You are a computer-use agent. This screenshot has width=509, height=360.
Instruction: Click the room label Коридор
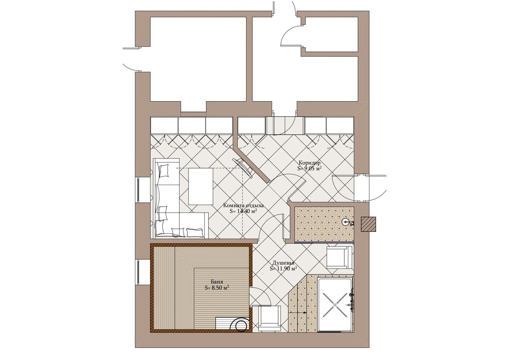(309, 163)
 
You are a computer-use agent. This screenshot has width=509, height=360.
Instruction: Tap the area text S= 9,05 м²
(309, 168)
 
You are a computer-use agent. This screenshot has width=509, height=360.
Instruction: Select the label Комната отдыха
(244, 206)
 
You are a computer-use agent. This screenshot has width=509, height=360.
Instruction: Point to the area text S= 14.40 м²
(244, 211)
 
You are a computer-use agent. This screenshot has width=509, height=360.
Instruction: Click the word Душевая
(283, 263)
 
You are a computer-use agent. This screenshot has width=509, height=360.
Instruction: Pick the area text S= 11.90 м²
(283, 268)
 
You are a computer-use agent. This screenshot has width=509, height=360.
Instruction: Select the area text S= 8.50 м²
(216, 288)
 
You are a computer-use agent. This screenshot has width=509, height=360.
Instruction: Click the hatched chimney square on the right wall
(369, 224)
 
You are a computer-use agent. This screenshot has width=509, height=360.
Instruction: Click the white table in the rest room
(201, 186)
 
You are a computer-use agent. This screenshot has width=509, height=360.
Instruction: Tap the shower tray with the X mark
(335, 305)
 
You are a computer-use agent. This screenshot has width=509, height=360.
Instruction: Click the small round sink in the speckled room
(345, 221)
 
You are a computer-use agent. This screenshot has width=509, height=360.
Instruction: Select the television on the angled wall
(243, 168)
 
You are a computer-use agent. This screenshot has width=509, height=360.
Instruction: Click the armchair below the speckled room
(339, 257)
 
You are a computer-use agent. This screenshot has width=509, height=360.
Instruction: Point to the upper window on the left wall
(138, 190)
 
